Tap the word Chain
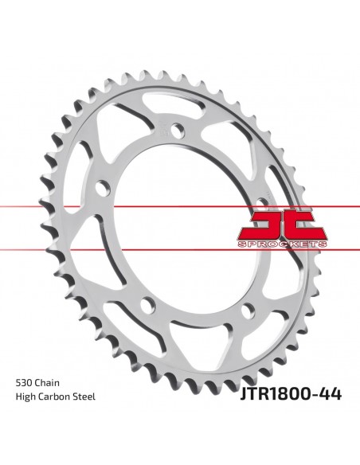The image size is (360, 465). (x=48, y=383)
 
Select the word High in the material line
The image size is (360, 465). (x=25, y=397)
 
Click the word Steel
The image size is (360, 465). (x=84, y=397)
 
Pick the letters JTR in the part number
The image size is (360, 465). (x=254, y=394)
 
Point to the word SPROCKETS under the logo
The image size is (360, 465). (x=282, y=244)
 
